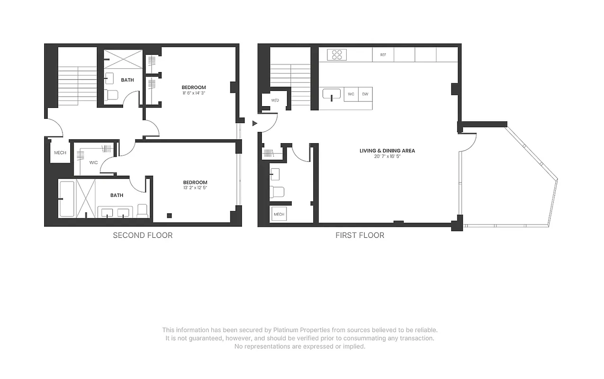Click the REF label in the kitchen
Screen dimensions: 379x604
click(383, 55)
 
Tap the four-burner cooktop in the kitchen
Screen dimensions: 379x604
click(337, 55)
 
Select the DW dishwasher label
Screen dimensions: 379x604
click(365, 94)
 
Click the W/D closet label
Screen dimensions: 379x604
click(275, 101)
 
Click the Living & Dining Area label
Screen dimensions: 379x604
click(387, 151)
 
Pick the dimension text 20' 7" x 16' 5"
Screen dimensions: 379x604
click(387, 156)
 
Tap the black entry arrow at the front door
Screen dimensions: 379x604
click(254, 124)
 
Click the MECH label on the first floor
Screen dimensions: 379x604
click(279, 215)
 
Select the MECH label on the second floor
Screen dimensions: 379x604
click(60, 153)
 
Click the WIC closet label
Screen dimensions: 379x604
click(93, 162)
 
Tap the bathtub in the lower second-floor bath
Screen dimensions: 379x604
click(67, 199)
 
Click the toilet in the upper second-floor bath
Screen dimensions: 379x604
click(112, 95)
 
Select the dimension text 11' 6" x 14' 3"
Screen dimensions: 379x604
click(194, 93)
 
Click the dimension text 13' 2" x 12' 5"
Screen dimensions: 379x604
click(195, 188)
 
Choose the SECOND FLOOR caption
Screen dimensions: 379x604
click(143, 235)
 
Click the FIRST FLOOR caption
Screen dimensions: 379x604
click(360, 235)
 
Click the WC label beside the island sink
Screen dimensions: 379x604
click(351, 94)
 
